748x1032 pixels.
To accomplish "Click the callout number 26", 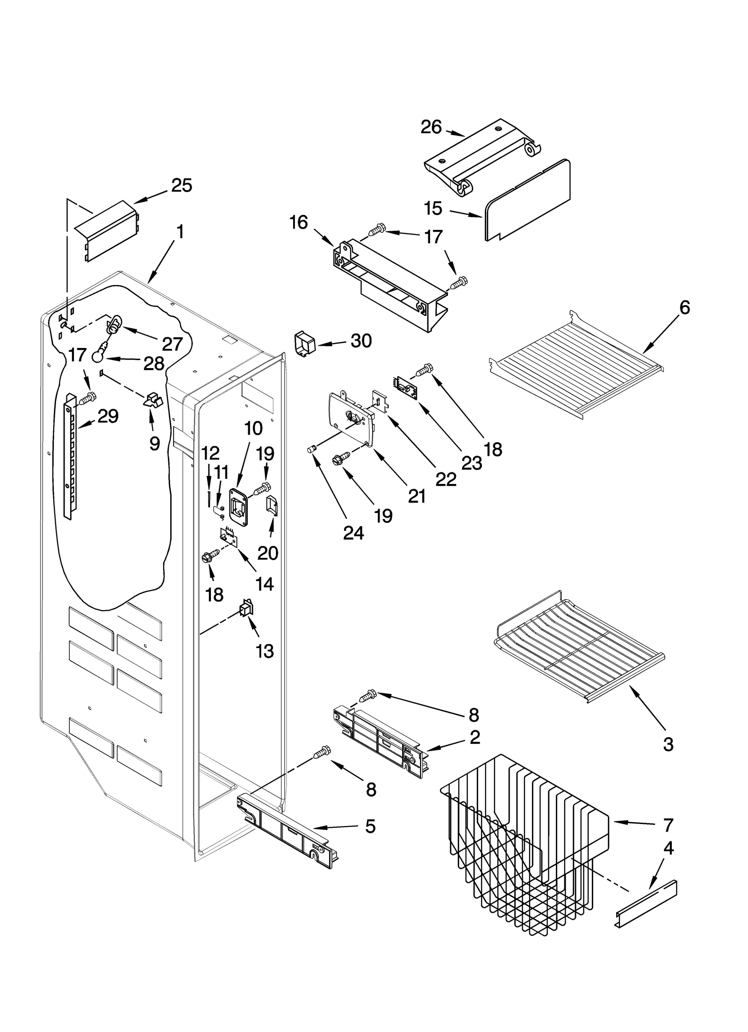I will (x=431, y=127).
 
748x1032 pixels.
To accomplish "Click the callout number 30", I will (x=361, y=341).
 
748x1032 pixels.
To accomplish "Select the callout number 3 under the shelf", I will (x=668, y=744).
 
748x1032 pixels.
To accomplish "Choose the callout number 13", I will (x=265, y=651).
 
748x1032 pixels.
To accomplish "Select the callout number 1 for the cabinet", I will (x=180, y=232).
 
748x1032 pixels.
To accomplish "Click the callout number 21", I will (x=417, y=496).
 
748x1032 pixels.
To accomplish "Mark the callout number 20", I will (x=267, y=553).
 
